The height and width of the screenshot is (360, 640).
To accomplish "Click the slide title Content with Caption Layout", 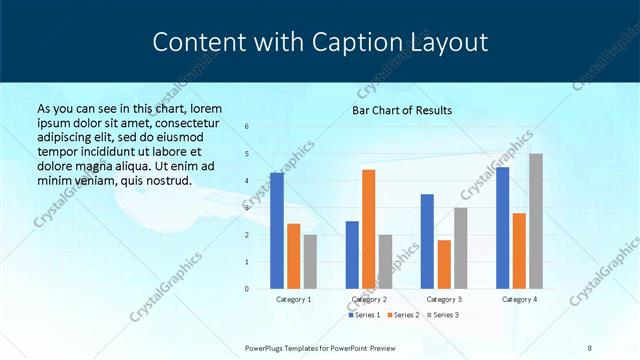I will (320, 42).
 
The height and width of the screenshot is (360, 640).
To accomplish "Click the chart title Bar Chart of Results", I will (402, 110).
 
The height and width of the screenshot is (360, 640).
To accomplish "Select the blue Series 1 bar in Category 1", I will (277, 231).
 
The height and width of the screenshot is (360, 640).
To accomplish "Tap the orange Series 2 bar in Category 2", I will (369, 229).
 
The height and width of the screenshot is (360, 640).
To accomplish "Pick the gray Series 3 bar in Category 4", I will (536, 221).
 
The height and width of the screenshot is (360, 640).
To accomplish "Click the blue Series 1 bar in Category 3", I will (427, 241).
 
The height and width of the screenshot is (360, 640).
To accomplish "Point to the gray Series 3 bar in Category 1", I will (310, 261).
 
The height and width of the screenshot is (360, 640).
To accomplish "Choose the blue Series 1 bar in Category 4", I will (502, 228).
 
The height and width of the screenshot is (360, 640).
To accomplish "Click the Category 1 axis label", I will (293, 299).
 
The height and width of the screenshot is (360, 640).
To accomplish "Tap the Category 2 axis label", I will (369, 299).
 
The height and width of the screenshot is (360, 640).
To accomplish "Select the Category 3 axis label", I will (444, 299).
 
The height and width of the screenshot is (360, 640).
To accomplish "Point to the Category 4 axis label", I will (519, 299).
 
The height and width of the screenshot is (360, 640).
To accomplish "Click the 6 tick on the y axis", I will (247, 127).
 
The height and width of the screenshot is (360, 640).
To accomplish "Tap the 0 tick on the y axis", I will (247, 289).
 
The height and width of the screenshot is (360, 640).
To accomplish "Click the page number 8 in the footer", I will (590, 348).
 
